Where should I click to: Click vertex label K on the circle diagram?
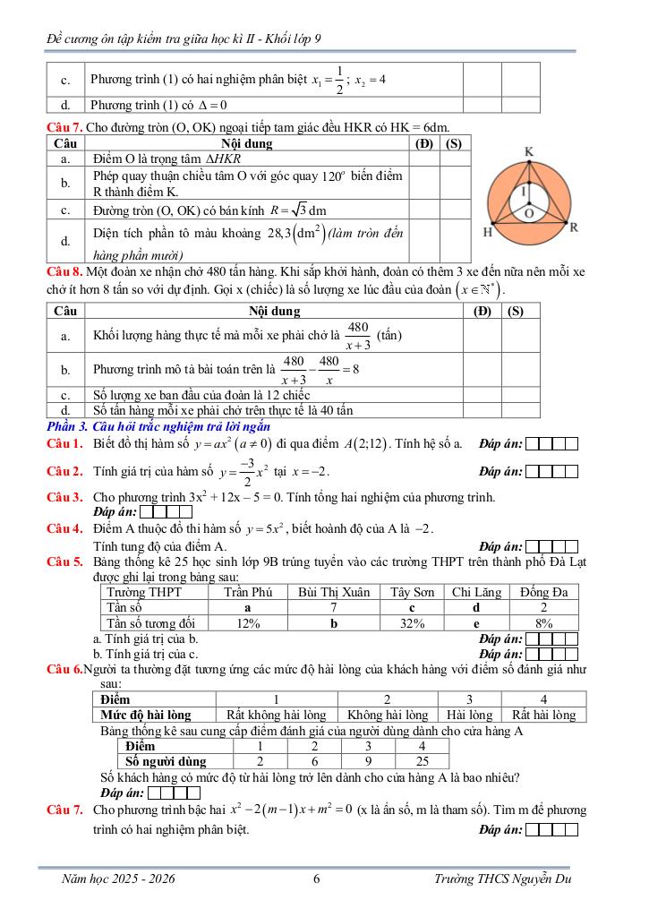pyautogui.click(x=529, y=152)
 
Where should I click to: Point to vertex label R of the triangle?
pyautogui.click(x=573, y=227)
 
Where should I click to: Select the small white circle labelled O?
pyautogui.click(x=529, y=214)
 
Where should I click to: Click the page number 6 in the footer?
pyautogui.click(x=317, y=878)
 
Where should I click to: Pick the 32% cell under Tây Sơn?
pyautogui.click(x=412, y=622)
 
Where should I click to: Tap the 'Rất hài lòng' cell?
pyautogui.click(x=543, y=715)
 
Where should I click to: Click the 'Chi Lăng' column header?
pyautogui.click(x=475, y=592)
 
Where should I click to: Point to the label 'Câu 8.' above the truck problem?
pyautogui.click(x=65, y=270)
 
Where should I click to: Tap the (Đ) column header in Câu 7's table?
pyautogui.click(x=424, y=142)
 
